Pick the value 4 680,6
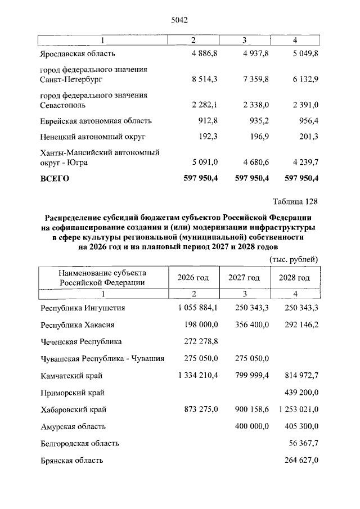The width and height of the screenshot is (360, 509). [x=253, y=163]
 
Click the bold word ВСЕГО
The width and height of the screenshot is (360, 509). [x=55, y=179]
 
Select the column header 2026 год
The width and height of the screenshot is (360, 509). [x=193, y=278]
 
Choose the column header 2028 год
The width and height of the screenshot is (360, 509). [x=295, y=278]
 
